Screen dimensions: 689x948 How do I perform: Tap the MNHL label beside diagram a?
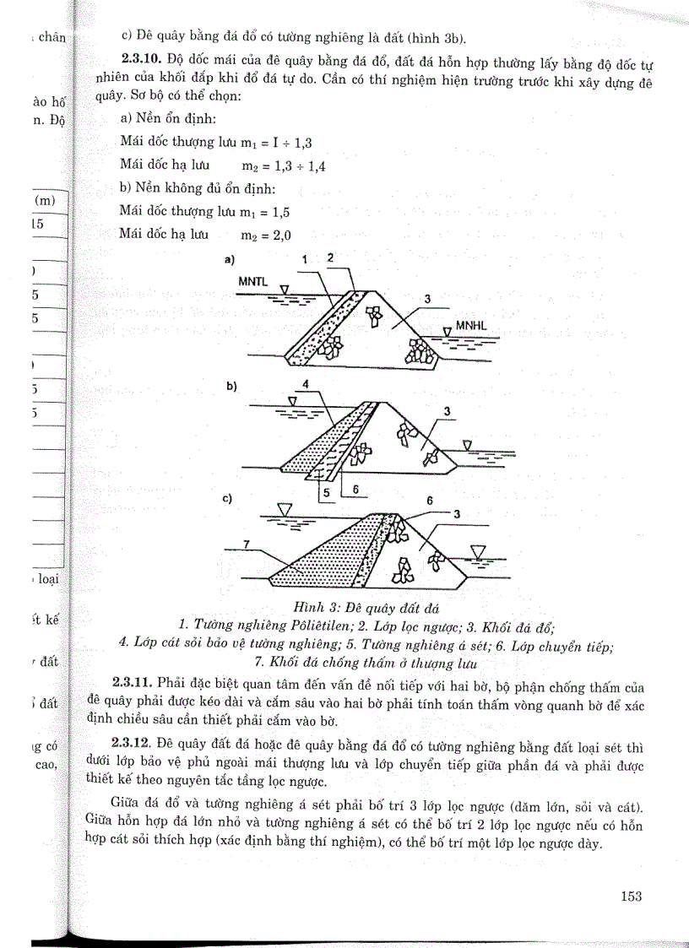tap(472, 325)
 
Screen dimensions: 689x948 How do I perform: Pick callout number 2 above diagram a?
tap(330, 257)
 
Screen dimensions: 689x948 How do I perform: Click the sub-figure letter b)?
tap(231, 386)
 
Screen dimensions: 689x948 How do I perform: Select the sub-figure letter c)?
tap(227, 498)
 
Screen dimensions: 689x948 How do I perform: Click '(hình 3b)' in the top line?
tap(437, 37)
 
